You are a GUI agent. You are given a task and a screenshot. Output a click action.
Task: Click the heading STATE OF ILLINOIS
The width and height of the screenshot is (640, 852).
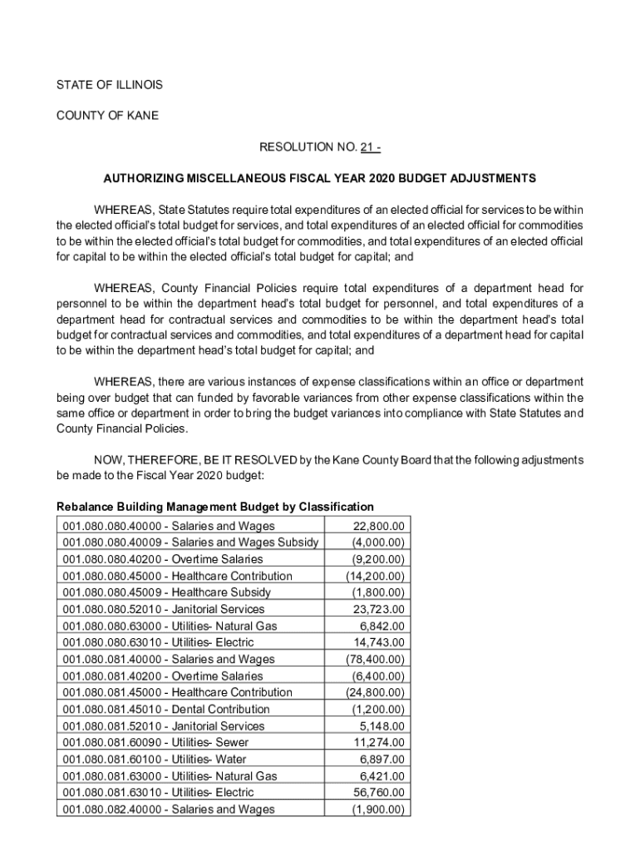tap(109, 85)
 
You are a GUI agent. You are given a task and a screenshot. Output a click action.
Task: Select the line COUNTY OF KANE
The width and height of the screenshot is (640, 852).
tap(106, 116)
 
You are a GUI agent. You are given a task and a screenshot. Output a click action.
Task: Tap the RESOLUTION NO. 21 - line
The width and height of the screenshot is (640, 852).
tap(320, 147)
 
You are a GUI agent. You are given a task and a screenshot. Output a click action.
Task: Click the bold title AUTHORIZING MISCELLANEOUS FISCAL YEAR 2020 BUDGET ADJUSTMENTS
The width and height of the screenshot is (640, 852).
tap(320, 178)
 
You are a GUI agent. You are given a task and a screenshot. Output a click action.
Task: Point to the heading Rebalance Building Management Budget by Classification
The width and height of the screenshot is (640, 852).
tap(214, 507)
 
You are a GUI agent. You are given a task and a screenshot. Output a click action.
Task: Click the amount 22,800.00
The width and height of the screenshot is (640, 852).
tap(379, 526)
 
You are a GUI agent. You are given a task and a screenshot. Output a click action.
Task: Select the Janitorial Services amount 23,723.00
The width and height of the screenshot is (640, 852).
tap(379, 609)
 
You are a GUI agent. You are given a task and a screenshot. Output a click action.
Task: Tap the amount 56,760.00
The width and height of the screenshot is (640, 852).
tap(379, 792)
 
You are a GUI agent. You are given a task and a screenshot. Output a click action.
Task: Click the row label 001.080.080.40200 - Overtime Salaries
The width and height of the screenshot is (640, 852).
tap(162, 559)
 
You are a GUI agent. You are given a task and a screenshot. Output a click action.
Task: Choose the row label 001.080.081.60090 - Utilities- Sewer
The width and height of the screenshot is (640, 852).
tap(155, 742)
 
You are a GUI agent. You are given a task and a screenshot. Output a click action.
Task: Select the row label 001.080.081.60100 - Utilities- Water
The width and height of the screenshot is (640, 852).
tap(155, 759)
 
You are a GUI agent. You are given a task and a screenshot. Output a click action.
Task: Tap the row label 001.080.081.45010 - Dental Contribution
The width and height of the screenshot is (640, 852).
tap(166, 709)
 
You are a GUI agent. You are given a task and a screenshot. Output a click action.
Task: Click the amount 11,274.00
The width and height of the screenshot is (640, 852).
tap(379, 742)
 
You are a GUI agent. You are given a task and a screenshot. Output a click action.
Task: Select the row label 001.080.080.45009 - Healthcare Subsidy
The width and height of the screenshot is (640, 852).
tap(166, 592)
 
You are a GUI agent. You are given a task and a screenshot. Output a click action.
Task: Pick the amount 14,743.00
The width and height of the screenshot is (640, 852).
tap(379, 642)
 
